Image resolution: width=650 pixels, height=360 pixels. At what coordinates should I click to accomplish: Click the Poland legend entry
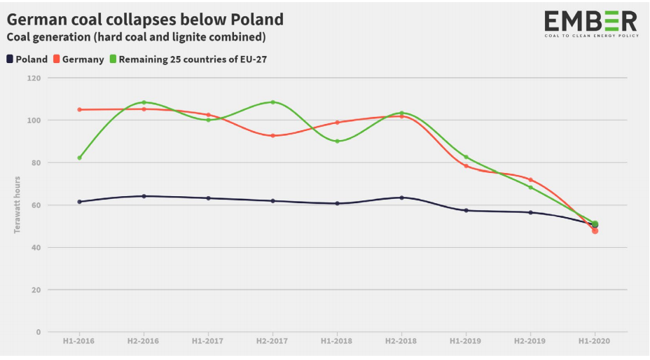(28, 60)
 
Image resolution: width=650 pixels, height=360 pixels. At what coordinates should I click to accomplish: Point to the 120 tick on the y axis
(34, 78)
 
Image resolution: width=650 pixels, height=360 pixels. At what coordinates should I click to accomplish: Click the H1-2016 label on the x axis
(79, 341)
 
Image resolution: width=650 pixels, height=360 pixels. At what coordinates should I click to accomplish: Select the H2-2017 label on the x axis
(272, 341)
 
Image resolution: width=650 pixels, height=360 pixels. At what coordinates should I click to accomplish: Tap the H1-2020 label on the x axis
(595, 341)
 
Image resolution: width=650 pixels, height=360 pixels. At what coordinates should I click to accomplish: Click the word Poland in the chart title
(257, 19)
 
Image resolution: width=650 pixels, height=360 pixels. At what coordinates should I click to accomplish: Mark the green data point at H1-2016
(79, 158)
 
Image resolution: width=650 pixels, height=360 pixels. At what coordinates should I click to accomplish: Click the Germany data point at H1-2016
(79, 109)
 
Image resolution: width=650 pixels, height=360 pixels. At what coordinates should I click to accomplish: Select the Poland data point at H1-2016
(79, 202)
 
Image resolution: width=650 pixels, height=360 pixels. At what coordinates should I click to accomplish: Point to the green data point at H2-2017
(272, 102)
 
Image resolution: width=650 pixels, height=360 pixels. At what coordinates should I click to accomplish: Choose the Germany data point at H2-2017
(272, 135)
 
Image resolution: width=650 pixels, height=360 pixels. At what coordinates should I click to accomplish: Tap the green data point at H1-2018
(337, 141)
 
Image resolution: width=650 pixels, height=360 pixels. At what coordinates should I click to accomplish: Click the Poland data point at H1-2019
(466, 210)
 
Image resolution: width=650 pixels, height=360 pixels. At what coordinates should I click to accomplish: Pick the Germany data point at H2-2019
(530, 180)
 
